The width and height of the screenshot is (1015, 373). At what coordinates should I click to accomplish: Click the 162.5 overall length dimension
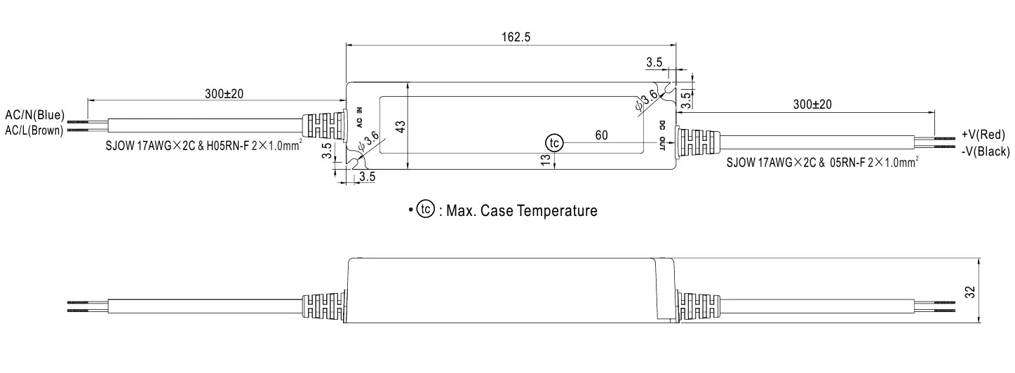coord(516,37)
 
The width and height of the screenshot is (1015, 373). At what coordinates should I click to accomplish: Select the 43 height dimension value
coord(401,127)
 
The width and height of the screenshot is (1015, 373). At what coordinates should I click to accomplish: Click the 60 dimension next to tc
coord(601,135)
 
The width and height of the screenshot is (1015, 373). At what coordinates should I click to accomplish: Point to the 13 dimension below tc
coord(546,160)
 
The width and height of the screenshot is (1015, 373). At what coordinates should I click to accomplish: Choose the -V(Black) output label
coord(984,151)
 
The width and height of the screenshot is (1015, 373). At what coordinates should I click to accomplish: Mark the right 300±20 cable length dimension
coord(812,104)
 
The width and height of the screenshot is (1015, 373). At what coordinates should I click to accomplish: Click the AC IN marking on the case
coord(360,116)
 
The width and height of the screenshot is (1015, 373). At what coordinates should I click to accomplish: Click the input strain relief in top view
coord(324,126)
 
